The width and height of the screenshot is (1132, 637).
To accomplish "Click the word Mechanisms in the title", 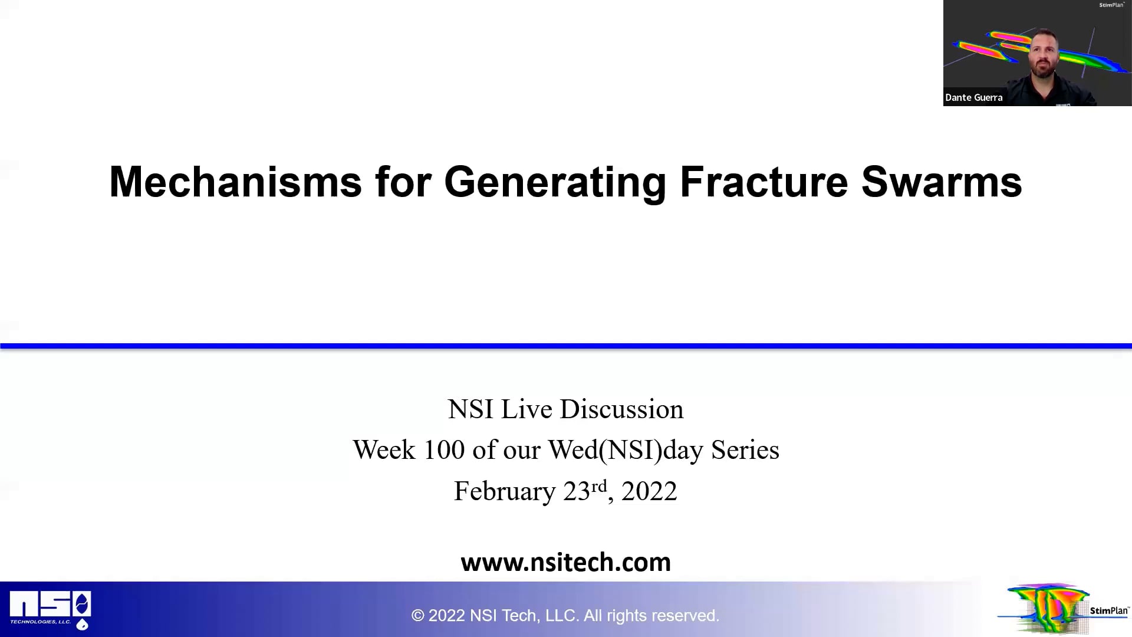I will pyautogui.click(x=235, y=182).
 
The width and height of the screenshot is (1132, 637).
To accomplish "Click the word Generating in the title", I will pyautogui.click(x=555, y=182).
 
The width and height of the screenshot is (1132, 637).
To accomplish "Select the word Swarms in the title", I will pyautogui.click(x=942, y=182).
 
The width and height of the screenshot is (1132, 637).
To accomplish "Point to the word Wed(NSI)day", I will pyautogui.click(x=626, y=450).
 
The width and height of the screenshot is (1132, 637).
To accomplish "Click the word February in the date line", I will pyautogui.click(x=505, y=491).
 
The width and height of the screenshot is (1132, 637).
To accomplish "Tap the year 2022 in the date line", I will pyautogui.click(x=649, y=491).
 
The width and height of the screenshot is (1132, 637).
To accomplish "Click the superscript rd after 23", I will pyautogui.click(x=599, y=486).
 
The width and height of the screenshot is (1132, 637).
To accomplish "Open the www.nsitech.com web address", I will pyautogui.click(x=565, y=562).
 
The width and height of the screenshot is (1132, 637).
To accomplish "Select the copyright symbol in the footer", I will pyautogui.click(x=418, y=616).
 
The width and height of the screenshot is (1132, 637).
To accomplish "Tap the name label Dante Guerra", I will pyautogui.click(x=973, y=97).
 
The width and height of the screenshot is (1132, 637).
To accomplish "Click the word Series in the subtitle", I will pyautogui.click(x=745, y=450).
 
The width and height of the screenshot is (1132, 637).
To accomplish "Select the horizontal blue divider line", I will pyautogui.click(x=566, y=346).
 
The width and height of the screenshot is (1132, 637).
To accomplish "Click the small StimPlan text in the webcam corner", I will pyautogui.click(x=1111, y=5).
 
